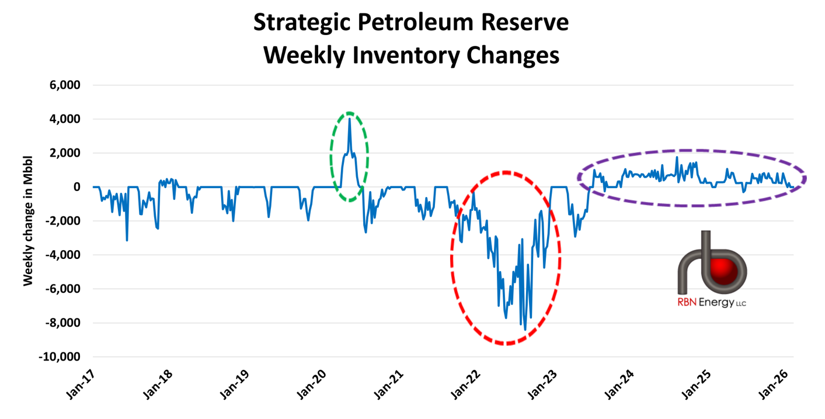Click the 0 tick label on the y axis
(76, 187)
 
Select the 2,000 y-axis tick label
(64, 153)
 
